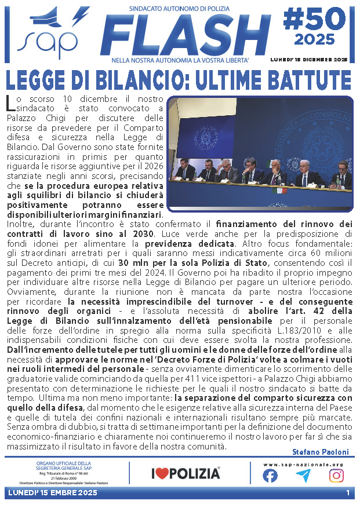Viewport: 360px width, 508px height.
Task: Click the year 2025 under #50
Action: coord(314,41)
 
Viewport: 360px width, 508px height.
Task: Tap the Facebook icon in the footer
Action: coord(270,475)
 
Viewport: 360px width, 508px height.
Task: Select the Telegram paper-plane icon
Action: coord(303,475)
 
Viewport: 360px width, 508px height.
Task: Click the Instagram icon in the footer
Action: coord(336,475)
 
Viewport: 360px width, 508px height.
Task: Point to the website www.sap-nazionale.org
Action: coord(303,464)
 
